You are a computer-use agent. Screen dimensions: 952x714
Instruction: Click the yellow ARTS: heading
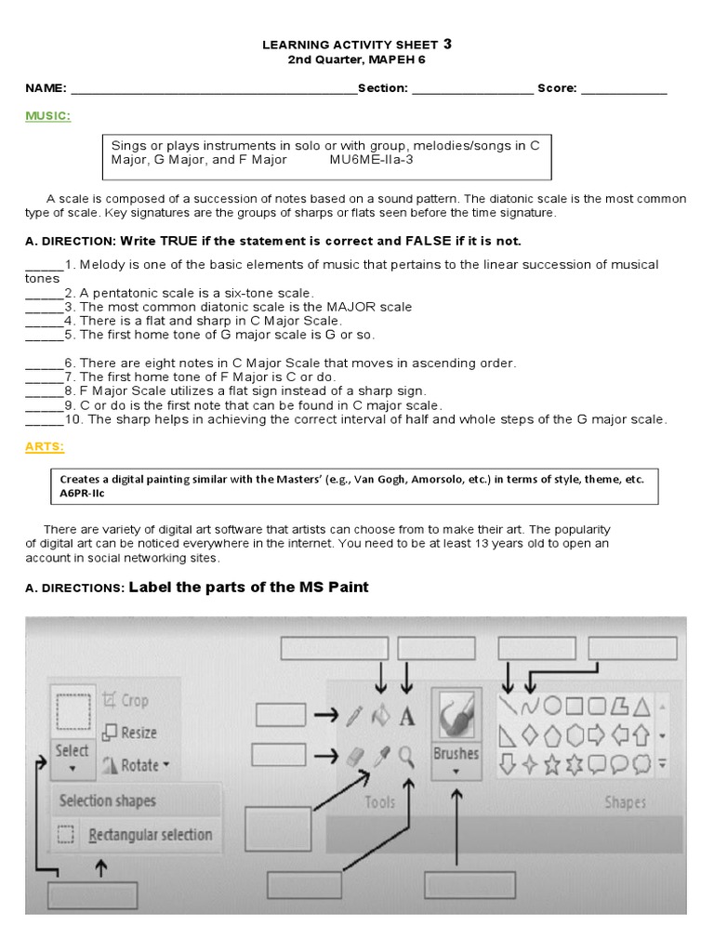[x=45, y=447]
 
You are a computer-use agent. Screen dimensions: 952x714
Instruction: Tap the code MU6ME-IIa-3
[x=371, y=159]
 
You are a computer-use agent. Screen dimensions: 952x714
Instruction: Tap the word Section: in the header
[x=383, y=88]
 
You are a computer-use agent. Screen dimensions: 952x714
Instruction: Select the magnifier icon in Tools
[x=406, y=757]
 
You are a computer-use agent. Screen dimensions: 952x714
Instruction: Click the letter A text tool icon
[x=406, y=717]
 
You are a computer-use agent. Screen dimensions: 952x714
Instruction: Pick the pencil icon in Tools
[x=353, y=717]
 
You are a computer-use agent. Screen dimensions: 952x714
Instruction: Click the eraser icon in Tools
[x=353, y=757]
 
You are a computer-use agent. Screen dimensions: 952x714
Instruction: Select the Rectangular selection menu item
[x=149, y=835]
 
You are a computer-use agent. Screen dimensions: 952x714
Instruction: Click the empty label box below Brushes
[x=462, y=883]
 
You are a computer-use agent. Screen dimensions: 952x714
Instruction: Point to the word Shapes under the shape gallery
[x=625, y=801]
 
